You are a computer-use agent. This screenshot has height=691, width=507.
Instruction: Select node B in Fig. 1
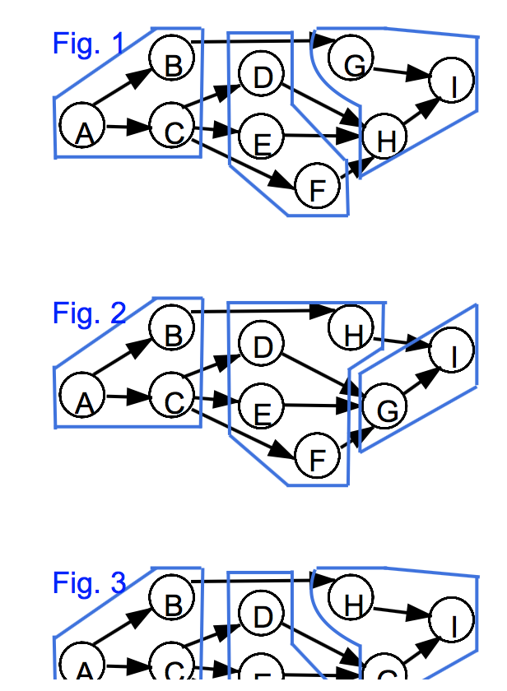(x=171, y=59)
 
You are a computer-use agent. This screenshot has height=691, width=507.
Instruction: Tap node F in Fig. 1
(x=317, y=186)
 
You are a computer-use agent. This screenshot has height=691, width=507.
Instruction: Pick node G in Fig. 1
(x=351, y=59)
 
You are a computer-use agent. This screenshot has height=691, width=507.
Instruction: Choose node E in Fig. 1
(x=262, y=137)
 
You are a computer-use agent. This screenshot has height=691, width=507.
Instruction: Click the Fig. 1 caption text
(x=89, y=44)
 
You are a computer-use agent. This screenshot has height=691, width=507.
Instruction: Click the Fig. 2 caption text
(x=89, y=313)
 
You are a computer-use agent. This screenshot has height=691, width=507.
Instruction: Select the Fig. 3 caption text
(x=89, y=583)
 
